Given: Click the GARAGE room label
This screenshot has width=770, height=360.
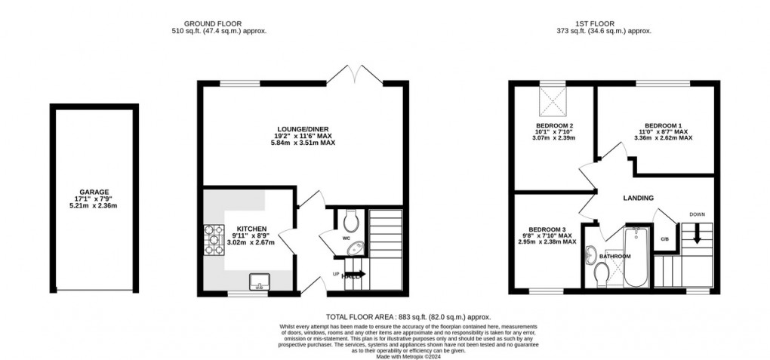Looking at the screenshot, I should click(94, 192).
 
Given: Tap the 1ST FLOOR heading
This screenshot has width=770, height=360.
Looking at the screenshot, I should click(603, 23).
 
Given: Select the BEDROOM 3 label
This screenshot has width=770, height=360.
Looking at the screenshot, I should click(548, 229).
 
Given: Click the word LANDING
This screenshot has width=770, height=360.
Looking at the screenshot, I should click(638, 198).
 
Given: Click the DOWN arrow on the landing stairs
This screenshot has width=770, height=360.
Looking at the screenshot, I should click(697, 235).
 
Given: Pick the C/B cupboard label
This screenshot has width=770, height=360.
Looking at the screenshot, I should click(664, 239).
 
